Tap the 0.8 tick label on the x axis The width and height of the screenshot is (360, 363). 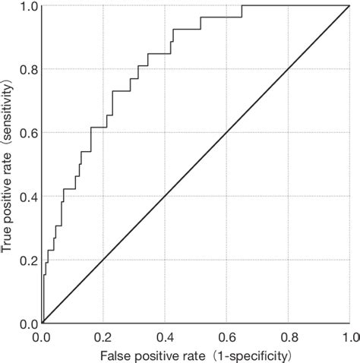[x=289, y=336]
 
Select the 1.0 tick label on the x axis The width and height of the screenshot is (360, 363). [x=349, y=336]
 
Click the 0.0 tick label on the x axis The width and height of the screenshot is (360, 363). [x=43, y=336]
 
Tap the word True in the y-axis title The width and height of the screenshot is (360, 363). [x=8, y=240]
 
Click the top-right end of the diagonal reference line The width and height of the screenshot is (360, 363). [x=349, y=7]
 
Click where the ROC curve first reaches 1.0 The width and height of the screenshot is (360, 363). [x=242, y=7]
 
